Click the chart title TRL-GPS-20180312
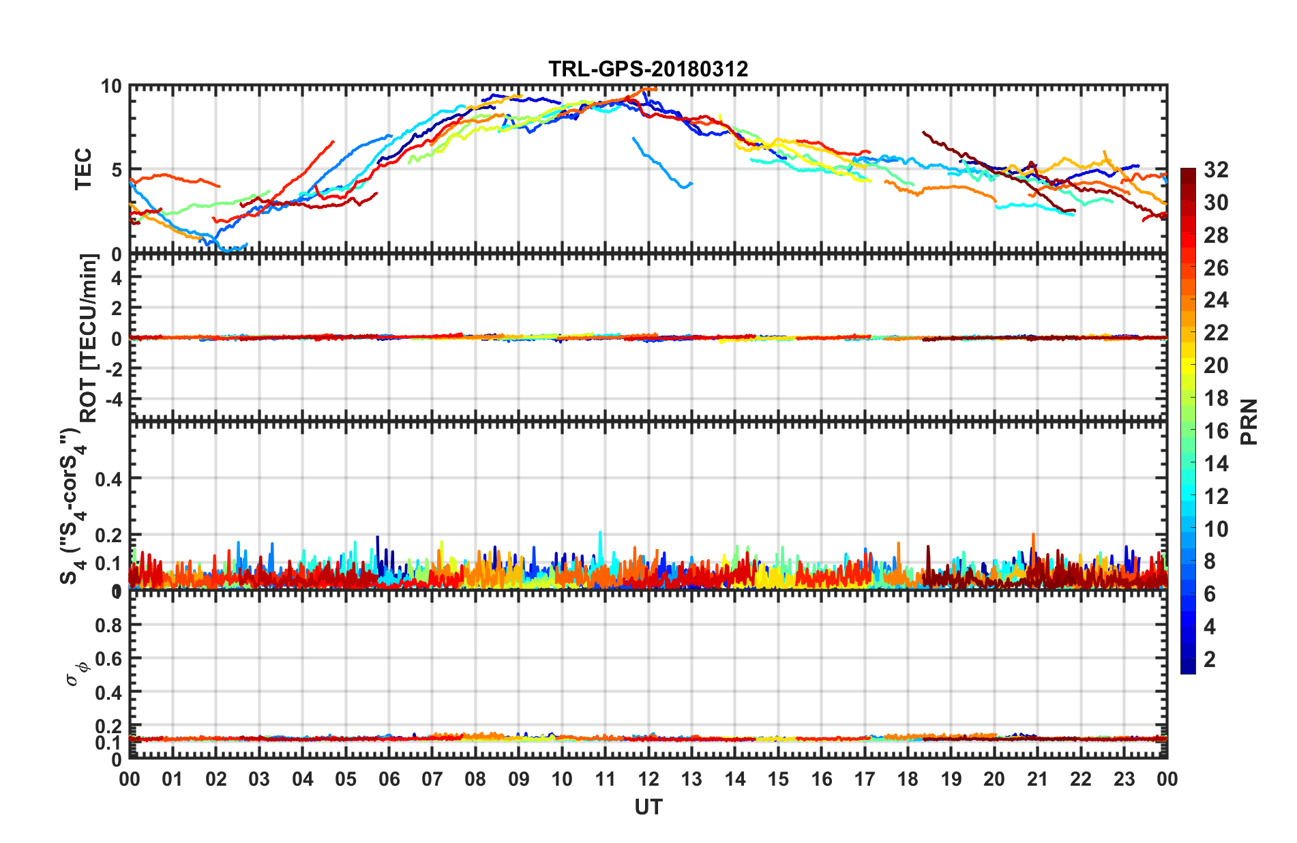point(648,69)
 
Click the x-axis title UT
point(648,808)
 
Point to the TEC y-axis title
point(83,169)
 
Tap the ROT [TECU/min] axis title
point(89,338)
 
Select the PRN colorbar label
point(1249,421)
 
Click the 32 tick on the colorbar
point(1216,170)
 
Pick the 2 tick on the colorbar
point(1210,659)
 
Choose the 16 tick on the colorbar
point(1216,431)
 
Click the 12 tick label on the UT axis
point(648,779)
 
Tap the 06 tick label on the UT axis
point(389,779)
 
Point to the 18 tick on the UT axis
point(908,779)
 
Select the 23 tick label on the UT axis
point(1124,779)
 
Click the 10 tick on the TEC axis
point(111,87)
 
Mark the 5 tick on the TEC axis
point(116,170)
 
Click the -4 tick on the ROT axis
point(111,398)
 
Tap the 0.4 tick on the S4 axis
point(108,479)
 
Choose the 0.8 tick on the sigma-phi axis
point(108,625)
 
